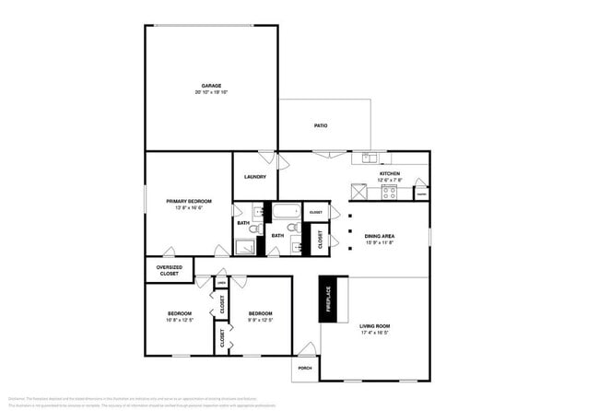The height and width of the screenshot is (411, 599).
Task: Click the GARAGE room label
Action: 211,86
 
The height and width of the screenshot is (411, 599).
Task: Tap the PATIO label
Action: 321,126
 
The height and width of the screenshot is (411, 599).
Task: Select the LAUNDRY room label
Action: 255,177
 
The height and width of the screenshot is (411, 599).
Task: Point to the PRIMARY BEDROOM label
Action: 189,201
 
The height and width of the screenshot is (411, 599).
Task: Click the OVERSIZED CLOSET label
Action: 169,270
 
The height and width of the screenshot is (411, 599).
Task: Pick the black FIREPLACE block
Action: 326,299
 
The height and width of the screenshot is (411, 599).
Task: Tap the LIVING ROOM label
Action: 375,325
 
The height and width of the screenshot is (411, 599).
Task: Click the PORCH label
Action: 305,368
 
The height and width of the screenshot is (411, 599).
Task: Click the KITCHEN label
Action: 390,173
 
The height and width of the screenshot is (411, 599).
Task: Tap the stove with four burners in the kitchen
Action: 389,193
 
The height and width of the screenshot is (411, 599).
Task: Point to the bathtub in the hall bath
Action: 281,211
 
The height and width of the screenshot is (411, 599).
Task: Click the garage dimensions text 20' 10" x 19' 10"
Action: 211,93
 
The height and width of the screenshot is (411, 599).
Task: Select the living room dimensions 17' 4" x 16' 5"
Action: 375,333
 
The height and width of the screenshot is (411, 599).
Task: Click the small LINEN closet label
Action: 221,281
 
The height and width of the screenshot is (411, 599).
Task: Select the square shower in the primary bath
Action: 247,244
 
